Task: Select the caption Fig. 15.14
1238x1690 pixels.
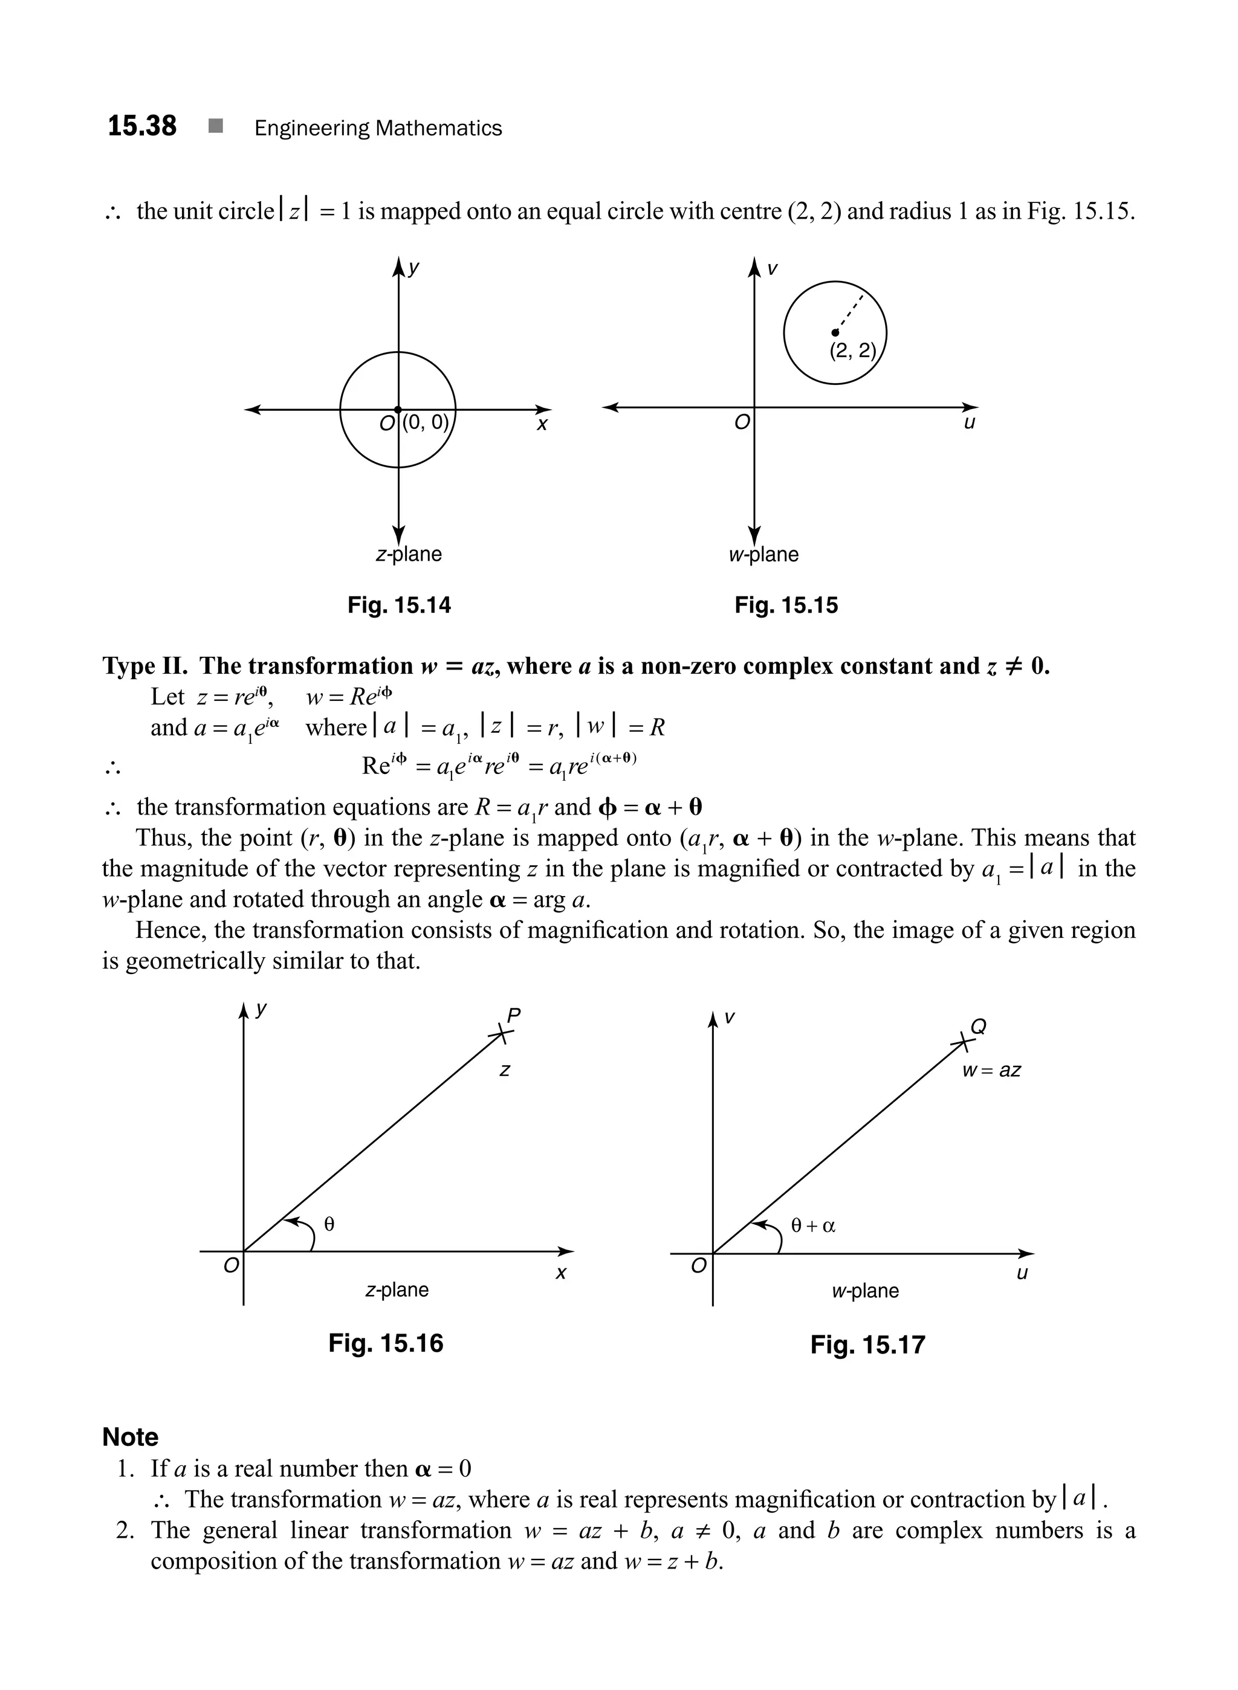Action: [x=399, y=605]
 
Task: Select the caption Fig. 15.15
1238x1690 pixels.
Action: [x=785, y=605]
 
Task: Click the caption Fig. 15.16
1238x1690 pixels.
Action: [x=385, y=1343]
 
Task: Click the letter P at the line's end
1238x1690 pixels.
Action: [x=513, y=1016]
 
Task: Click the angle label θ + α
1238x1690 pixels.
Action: [x=812, y=1225]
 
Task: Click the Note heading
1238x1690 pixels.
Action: [x=131, y=1437]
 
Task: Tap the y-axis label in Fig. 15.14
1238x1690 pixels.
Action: [x=413, y=269]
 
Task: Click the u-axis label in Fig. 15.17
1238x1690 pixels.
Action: [x=1022, y=1272]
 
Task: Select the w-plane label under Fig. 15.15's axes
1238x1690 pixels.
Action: [x=763, y=554]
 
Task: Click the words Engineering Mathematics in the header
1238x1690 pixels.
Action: [x=378, y=128]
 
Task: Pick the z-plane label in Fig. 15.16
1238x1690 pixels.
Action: [x=397, y=1290]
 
